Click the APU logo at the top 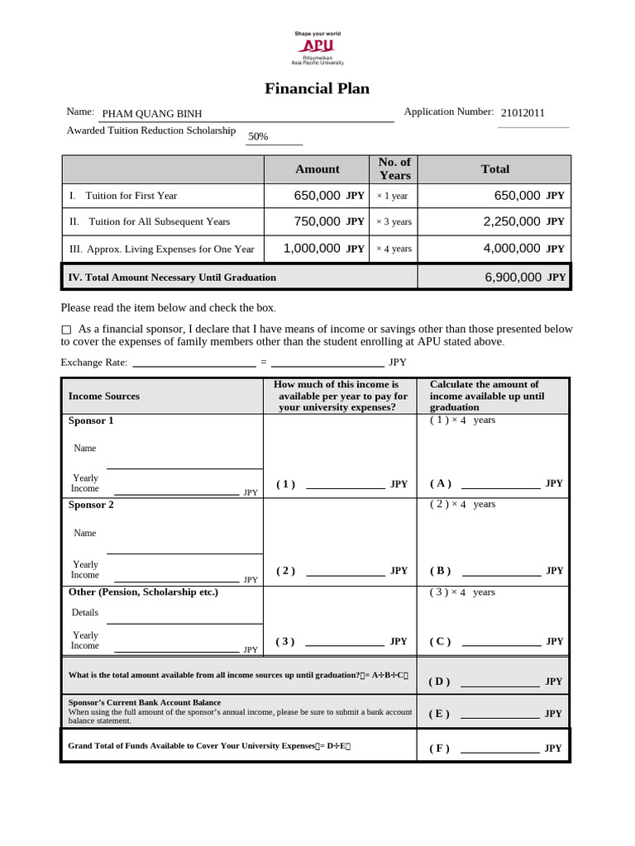coord(317,47)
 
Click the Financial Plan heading coord(317,88)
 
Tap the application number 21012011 coord(523,113)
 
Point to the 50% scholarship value coord(258,136)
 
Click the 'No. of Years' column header coord(394,169)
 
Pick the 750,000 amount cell coord(317,221)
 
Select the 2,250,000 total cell coord(512,221)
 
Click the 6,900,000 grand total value coord(513,278)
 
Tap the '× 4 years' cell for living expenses coord(394,249)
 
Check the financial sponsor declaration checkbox coord(67,330)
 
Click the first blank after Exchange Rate coord(193,362)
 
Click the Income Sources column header coord(104,396)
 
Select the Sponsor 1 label coord(91,421)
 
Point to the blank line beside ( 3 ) coord(345,643)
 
